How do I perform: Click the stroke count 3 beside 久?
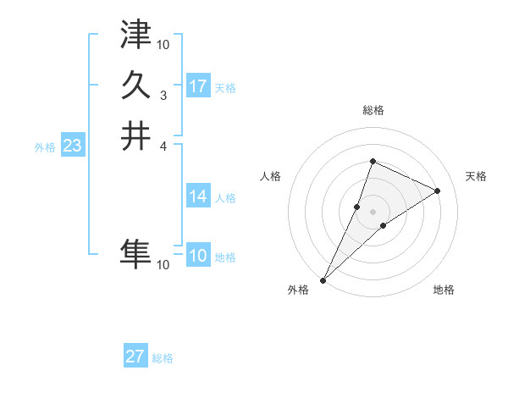pos(163,95)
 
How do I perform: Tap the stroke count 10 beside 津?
pos(163,44)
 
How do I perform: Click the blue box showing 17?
pos(198,86)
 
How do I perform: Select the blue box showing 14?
pos(198,196)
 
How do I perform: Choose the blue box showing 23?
pos(72,146)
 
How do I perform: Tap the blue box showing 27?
pos(135,357)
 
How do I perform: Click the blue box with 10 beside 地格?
pos(198,256)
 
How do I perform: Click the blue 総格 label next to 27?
pos(163,358)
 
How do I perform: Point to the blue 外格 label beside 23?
pos(45,147)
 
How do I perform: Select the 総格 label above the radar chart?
pos(373,110)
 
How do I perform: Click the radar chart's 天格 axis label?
pos(476,176)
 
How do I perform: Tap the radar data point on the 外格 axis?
pos(323,279)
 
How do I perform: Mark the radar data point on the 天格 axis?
pos(438,191)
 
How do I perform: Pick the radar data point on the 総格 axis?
pos(373,162)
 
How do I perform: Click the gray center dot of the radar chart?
pos(373,212)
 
